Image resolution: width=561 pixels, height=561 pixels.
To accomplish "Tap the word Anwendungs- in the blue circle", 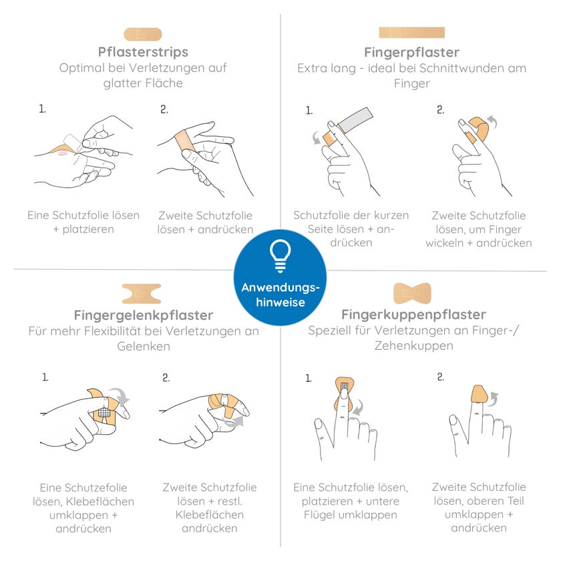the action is [x=280, y=288].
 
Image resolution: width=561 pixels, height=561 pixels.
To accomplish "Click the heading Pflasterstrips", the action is [x=143, y=52].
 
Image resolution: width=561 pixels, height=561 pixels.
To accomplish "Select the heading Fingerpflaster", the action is [x=412, y=53].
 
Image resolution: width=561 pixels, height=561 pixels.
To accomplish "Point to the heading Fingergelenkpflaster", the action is [x=144, y=315].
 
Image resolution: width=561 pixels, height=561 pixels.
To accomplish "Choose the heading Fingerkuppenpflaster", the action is [x=413, y=315].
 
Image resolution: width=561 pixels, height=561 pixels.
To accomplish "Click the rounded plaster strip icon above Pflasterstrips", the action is [x=143, y=34].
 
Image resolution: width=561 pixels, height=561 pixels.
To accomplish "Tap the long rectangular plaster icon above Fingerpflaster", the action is [x=412, y=33].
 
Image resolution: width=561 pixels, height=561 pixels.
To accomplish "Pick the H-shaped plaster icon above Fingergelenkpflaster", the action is [x=142, y=294].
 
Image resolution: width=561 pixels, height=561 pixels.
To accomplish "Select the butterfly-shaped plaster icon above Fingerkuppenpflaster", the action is [x=412, y=293].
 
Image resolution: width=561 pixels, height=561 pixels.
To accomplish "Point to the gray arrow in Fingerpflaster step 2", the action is [x=494, y=122].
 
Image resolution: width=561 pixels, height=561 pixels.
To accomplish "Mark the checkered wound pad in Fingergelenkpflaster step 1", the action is [x=104, y=412].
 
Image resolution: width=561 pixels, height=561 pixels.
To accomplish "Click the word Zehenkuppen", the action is [x=414, y=346].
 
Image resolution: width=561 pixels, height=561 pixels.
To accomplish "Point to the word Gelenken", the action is [x=144, y=347].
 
